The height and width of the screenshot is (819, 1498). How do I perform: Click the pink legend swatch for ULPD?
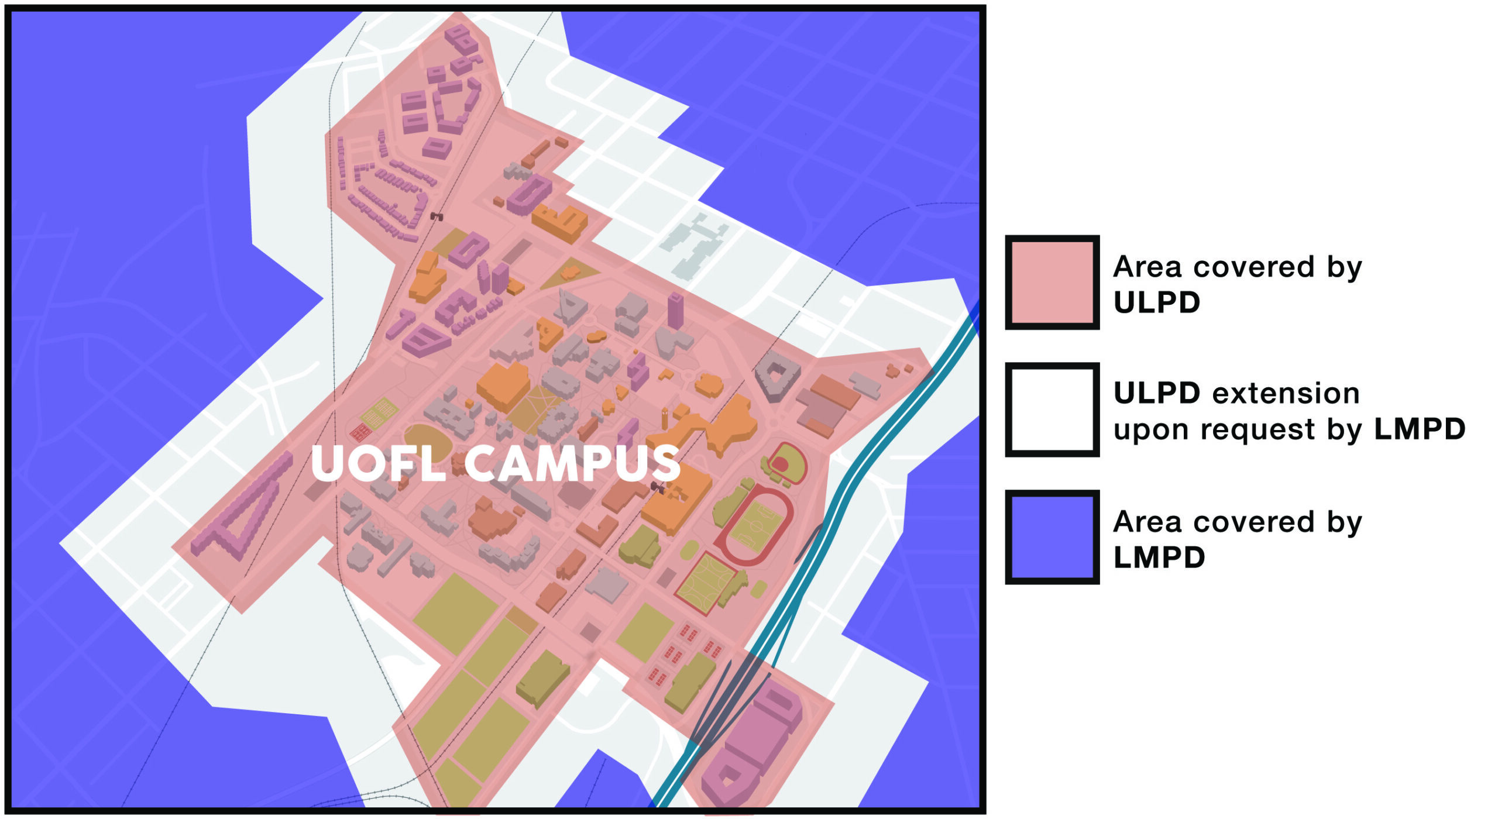(x=1052, y=282)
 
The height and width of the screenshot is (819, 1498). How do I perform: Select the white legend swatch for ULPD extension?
(x=1052, y=409)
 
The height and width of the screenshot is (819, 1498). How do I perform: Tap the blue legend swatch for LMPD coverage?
(x=1052, y=536)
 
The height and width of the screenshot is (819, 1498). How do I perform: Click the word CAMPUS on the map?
(x=572, y=463)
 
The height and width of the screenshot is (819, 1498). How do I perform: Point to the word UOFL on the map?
(x=378, y=463)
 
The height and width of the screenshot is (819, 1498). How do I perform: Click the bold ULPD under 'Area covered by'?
(x=1156, y=303)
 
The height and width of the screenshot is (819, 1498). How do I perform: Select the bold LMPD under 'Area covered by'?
(x=1159, y=558)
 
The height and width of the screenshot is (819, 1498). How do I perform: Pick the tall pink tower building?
(x=675, y=310)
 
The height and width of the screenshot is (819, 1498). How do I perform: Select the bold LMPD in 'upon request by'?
(x=1419, y=430)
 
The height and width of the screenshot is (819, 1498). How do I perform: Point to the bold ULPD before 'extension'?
(x=1156, y=394)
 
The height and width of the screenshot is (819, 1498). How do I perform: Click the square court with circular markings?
(x=706, y=582)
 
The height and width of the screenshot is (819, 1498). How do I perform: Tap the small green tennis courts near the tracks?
(x=380, y=412)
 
